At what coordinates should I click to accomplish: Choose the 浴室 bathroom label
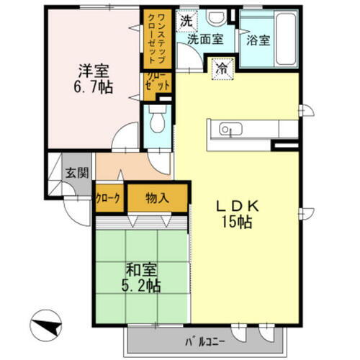click(258, 40)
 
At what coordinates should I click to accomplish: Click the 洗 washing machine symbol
click(186, 21)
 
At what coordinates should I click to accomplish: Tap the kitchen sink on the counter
click(226, 130)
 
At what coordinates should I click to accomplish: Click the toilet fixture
click(158, 122)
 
